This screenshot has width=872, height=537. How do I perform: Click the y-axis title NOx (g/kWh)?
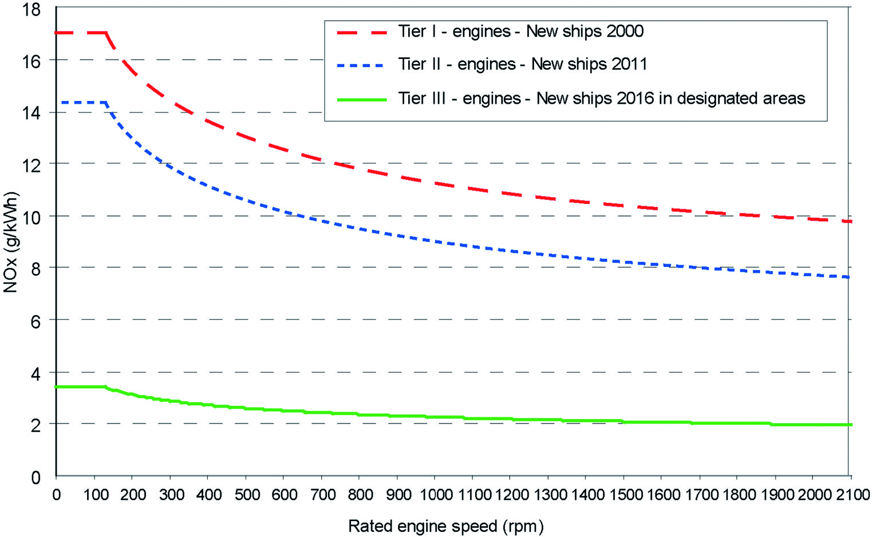click(11, 241)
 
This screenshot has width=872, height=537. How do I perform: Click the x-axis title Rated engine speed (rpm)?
click(446, 526)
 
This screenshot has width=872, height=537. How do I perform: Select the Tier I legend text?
click(520, 31)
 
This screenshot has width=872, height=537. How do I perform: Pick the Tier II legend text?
click(522, 64)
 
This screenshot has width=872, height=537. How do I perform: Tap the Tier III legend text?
click(601, 99)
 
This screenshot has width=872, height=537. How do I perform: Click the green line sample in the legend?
click(362, 99)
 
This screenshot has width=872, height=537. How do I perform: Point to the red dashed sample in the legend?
click(362, 32)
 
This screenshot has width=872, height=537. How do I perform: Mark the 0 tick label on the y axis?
click(35, 477)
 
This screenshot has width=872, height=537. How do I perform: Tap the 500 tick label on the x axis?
click(247, 494)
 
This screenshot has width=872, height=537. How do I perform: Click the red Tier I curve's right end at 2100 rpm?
click(851, 221)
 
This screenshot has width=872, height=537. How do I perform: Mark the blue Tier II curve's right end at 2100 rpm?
click(851, 277)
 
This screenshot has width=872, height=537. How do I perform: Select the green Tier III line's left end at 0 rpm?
click(57, 387)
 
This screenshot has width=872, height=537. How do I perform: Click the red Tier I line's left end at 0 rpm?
click(57, 33)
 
